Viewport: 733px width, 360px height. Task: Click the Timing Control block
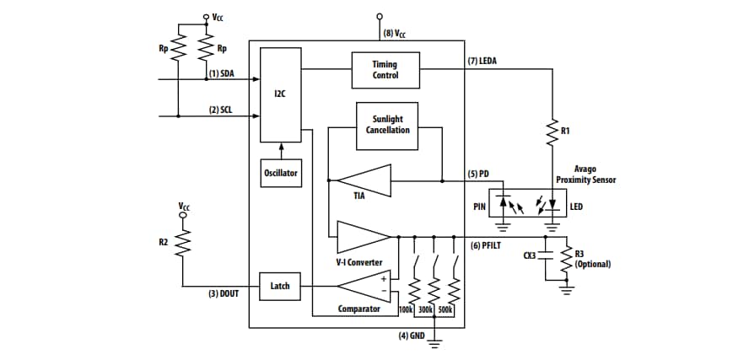tap(385, 70)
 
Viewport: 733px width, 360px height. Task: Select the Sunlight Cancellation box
tap(388, 124)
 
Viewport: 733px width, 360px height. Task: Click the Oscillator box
tap(279, 173)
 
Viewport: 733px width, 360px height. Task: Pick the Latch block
tap(279, 286)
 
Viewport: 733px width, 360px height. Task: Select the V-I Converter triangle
tap(362, 237)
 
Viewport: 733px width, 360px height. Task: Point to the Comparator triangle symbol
tap(363, 287)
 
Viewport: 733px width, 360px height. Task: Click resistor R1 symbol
tap(553, 132)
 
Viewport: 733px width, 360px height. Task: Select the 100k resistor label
tap(404, 310)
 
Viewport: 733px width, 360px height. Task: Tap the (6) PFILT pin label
tap(487, 244)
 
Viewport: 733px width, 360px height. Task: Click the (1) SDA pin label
tap(221, 73)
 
